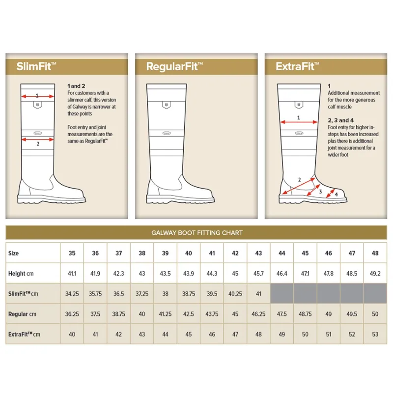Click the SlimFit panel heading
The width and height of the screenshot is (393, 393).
point(36,66)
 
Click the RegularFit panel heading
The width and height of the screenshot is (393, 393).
point(174,66)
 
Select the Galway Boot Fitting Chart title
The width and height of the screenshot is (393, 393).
point(197,233)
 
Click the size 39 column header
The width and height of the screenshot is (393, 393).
point(165,253)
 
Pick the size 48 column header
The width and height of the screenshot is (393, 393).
point(375,253)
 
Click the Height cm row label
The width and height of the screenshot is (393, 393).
point(21,274)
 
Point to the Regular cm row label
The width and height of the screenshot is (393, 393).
point(22,314)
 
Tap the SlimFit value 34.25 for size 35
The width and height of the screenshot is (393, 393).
point(72,294)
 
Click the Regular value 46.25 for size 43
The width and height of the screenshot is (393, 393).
point(258,314)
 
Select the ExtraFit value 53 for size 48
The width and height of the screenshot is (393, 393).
point(375,335)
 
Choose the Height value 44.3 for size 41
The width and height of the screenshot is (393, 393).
point(212,274)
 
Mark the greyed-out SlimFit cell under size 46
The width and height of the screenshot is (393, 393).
point(328,293)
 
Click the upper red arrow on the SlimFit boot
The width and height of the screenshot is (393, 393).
point(38,96)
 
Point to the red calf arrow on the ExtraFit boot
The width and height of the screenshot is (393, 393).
point(299,122)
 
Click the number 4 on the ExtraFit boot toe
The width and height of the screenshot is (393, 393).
point(337,194)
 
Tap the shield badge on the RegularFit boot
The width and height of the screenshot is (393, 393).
point(166,105)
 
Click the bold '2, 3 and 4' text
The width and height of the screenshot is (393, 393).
point(340,120)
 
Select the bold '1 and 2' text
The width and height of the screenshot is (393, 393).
point(76,86)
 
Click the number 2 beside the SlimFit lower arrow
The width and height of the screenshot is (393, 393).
point(38,144)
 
